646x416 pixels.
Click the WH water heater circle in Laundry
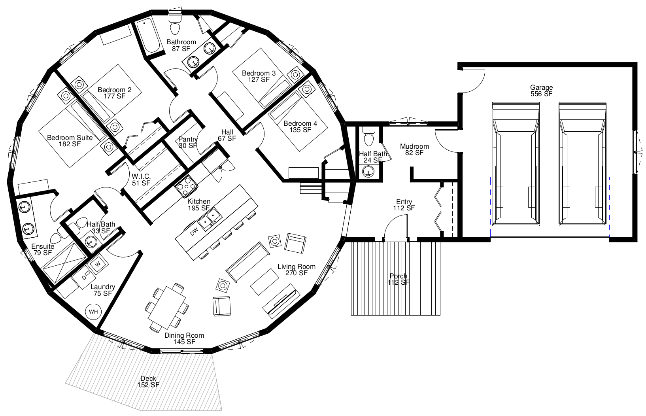click(93, 312)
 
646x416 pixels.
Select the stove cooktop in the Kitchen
click(186, 187)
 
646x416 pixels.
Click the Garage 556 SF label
click(541, 90)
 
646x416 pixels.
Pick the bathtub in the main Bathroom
click(148, 35)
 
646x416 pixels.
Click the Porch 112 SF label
click(398, 279)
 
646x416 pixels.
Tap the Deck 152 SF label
click(148, 381)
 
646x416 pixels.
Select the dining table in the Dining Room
click(167, 308)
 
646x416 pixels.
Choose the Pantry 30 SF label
click(188, 142)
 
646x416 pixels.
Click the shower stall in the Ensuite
click(64, 263)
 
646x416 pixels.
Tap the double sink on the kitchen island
click(210, 219)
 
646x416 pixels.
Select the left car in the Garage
click(516, 164)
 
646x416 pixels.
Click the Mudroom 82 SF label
click(414, 149)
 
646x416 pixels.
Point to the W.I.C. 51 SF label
click(141, 180)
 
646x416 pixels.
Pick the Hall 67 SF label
click(227, 135)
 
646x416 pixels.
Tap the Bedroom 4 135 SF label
click(300, 127)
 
